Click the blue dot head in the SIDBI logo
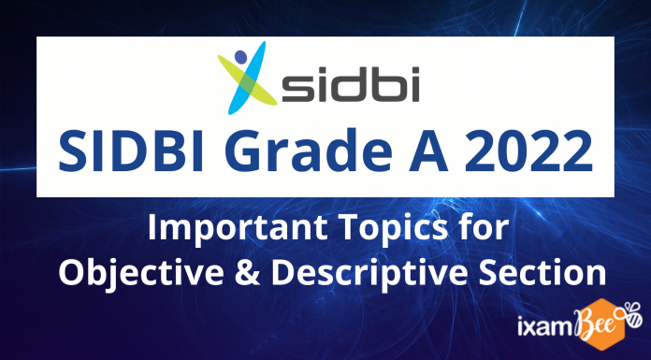click(x=241, y=56)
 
